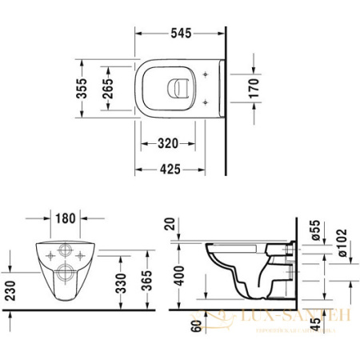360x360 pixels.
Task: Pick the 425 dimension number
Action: point(167,170)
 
